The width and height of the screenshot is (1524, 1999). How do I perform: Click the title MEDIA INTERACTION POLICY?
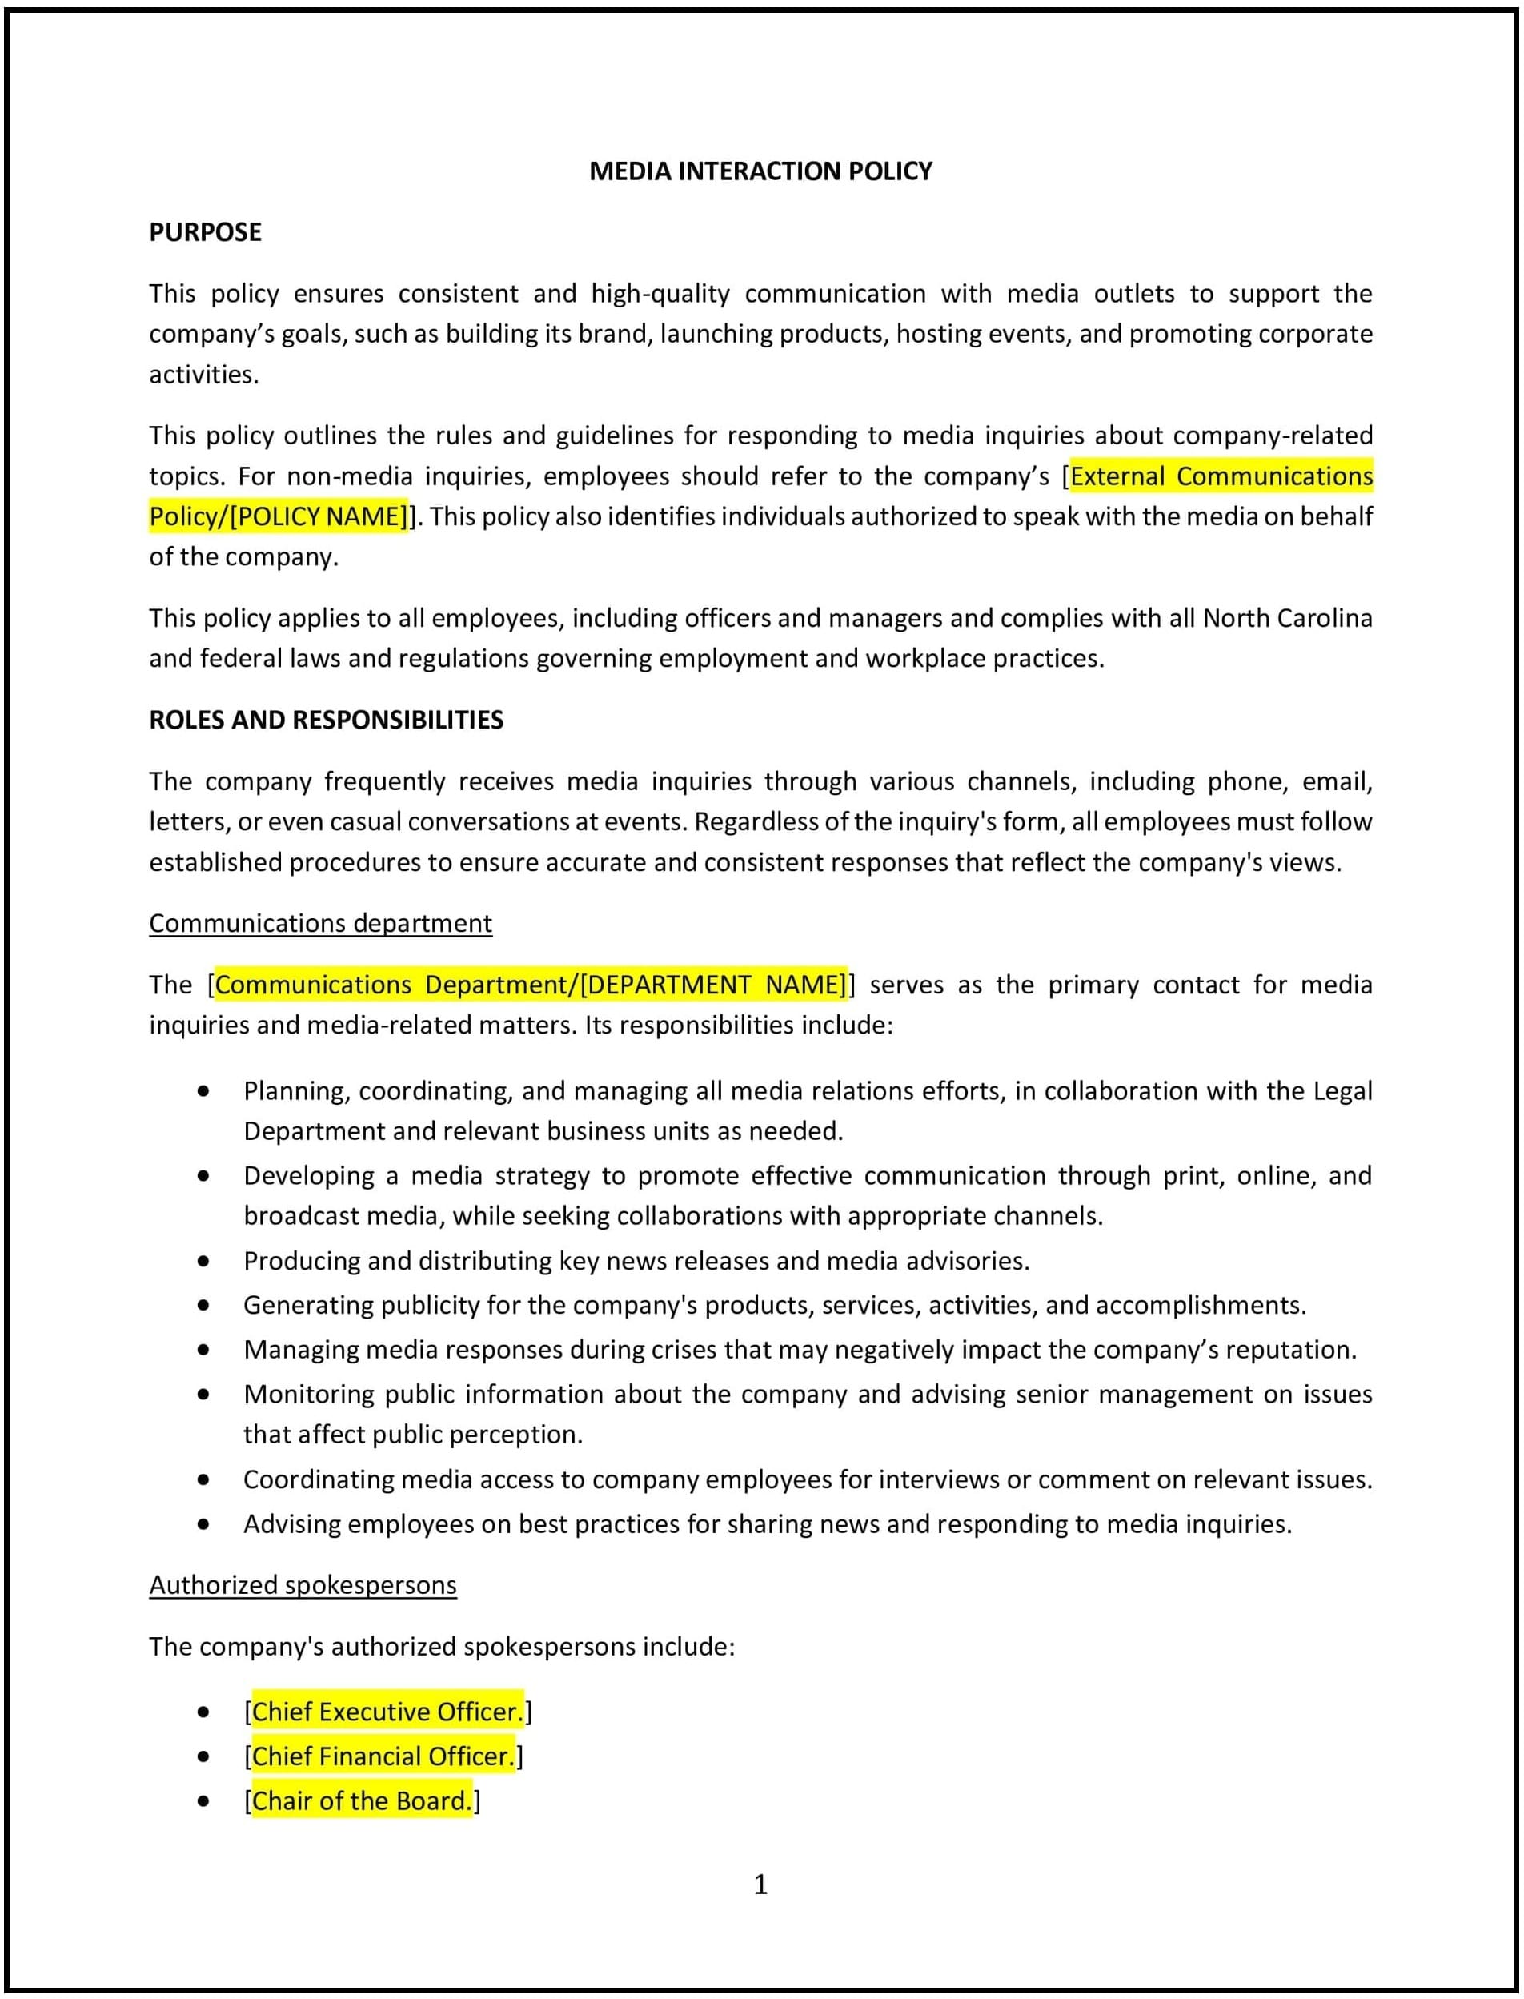pyautogui.click(x=760, y=171)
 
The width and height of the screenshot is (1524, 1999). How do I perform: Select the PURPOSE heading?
pyautogui.click(x=205, y=232)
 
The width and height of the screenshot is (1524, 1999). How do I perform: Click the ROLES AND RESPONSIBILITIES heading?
pyautogui.click(x=326, y=720)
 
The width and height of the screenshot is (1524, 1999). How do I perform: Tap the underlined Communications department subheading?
pyautogui.click(x=320, y=923)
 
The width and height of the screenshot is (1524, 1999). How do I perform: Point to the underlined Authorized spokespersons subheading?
pyautogui.click(x=303, y=1584)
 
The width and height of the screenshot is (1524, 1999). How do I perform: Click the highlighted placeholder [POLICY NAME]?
pyautogui.click(x=319, y=516)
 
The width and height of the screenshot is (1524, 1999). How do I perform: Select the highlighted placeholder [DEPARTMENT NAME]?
pyautogui.click(x=713, y=985)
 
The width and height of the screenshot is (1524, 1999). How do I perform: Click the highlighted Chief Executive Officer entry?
pyautogui.click(x=387, y=1712)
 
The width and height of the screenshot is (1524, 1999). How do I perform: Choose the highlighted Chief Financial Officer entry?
pyautogui.click(x=383, y=1756)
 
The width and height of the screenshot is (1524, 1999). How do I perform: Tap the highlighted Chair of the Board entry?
pyautogui.click(x=362, y=1800)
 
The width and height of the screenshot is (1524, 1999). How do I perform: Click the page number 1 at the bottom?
pyautogui.click(x=760, y=1885)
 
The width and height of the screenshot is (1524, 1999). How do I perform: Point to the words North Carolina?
pyautogui.click(x=1287, y=618)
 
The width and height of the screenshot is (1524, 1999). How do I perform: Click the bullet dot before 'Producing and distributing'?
pyautogui.click(x=203, y=1262)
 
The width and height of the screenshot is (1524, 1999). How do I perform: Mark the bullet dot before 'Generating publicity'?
pyautogui.click(x=203, y=1306)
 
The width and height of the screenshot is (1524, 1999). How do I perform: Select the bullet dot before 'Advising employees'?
pyautogui.click(x=203, y=1523)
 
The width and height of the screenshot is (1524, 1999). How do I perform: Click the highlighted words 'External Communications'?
pyautogui.click(x=1221, y=476)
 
